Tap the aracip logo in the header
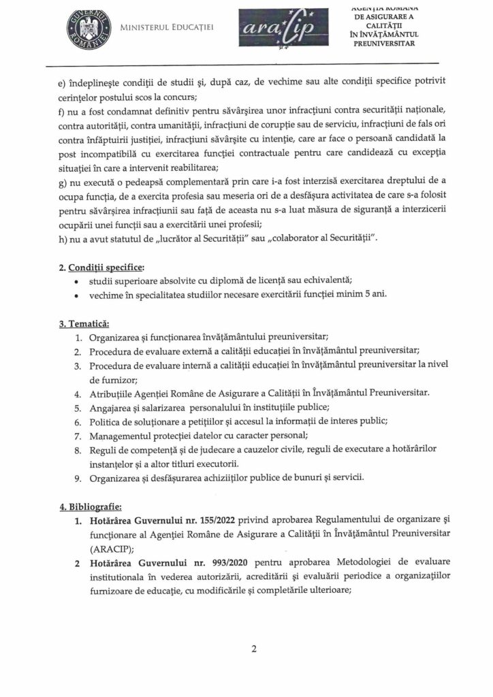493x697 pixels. tap(267, 30)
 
